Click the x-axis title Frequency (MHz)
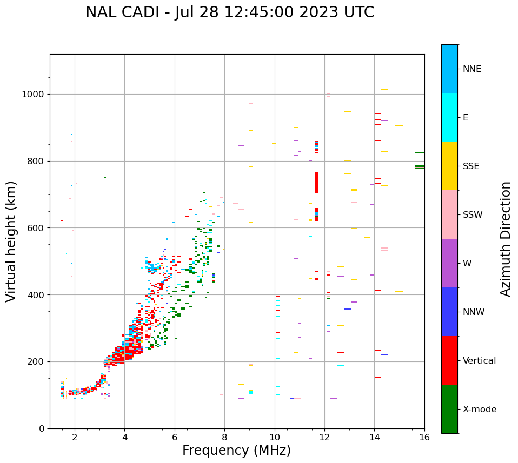click(x=236, y=451)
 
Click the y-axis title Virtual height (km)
click(x=11, y=241)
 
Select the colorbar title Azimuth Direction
click(x=506, y=239)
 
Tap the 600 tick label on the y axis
click(x=37, y=228)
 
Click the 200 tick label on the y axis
click(x=37, y=361)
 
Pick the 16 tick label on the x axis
click(x=424, y=437)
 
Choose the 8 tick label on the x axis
click(x=224, y=437)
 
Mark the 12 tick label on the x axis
click(x=324, y=437)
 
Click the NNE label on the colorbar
click(x=472, y=69)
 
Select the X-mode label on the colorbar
click(x=480, y=410)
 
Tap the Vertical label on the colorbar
click(x=480, y=361)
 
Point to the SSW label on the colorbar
click(x=473, y=215)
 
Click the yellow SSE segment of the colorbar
click(x=449, y=166)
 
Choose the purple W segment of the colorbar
click(x=449, y=263)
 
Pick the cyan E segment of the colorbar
click(x=449, y=117)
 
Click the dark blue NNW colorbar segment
click(x=449, y=312)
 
